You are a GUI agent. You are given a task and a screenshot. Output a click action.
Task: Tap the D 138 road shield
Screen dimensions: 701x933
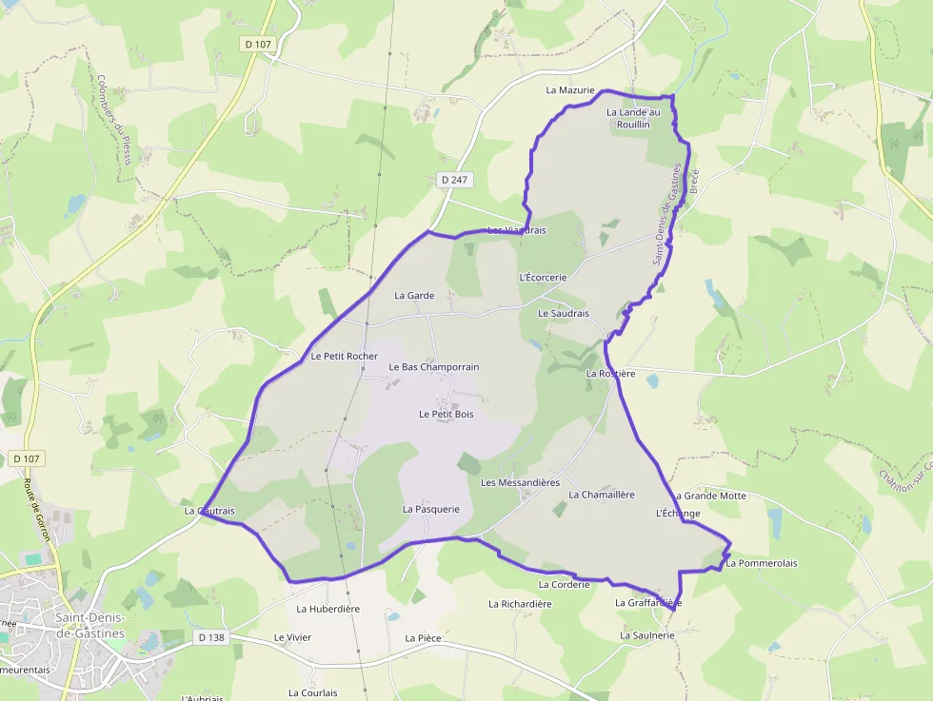click(x=211, y=637)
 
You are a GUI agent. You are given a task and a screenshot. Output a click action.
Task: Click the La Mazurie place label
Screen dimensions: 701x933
click(x=570, y=90)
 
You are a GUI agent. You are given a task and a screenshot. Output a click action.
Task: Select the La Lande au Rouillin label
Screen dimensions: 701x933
click(x=633, y=118)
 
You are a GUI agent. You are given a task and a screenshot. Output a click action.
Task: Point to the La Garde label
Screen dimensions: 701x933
click(x=414, y=296)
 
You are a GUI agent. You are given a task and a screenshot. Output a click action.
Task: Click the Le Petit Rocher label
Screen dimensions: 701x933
click(x=344, y=357)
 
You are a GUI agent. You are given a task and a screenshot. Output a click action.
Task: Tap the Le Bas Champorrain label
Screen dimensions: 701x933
click(x=434, y=367)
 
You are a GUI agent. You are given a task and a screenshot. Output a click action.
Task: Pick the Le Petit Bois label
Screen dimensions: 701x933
click(x=446, y=415)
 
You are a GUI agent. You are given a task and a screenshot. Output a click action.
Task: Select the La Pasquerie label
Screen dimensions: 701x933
click(x=430, y=509)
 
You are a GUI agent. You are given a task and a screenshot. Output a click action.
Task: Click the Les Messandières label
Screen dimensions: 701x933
click(x=520, y=482)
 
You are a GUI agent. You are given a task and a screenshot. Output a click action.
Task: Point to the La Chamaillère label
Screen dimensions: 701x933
click(x=602, y=495)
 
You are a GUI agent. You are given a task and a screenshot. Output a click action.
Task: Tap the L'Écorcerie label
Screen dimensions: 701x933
click(x=543, y=277)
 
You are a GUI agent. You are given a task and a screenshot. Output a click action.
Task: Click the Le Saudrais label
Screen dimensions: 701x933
click(x=564, y=313)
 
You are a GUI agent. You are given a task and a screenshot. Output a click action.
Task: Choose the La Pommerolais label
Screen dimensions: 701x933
click(x=761, y=563)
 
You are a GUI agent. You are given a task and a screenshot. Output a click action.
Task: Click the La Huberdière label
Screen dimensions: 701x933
click(x=328, y=609)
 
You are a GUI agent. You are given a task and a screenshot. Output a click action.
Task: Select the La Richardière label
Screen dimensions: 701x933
click(x=520, y=604)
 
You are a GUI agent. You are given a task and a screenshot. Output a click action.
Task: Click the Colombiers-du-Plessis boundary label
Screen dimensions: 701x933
click(x=113, y=120)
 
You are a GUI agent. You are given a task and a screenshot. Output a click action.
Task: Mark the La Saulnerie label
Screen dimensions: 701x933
click(x=647, y=634)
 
